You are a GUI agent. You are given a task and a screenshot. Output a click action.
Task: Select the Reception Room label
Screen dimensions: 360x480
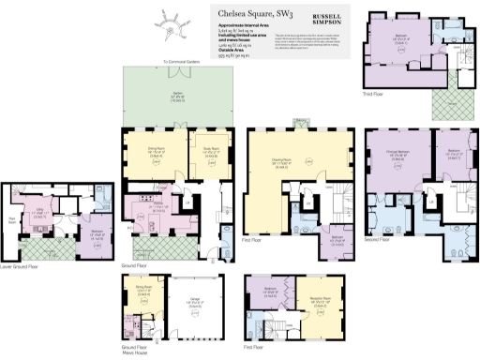coord(307,304)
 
